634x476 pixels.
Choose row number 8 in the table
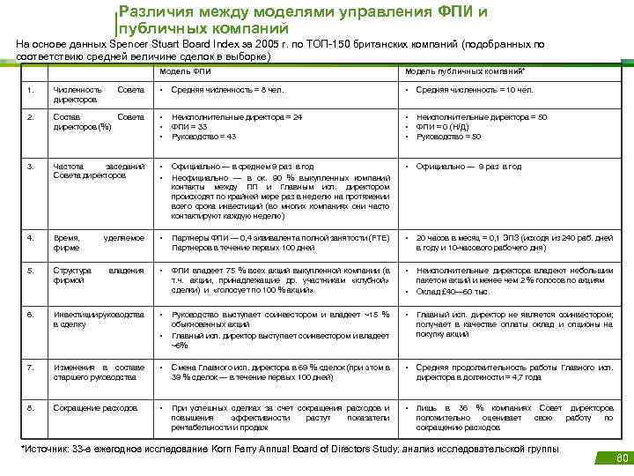[31, 408]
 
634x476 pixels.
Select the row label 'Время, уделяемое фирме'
[98, 243]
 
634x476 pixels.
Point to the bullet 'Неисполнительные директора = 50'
[482, 117]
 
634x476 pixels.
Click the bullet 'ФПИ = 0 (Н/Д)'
[448, 127]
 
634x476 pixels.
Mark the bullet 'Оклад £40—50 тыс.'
[452, 290]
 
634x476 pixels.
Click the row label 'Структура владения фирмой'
[98, 275]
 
